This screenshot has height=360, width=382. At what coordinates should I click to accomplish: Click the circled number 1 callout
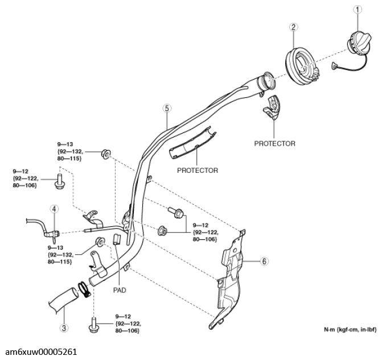pyautogui.click(x=358, y=10)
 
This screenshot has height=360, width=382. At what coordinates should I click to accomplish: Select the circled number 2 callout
pyautogui.click(x=294, y=27)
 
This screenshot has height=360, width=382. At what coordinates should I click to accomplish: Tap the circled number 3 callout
pyautogui.click(x=64, y=328)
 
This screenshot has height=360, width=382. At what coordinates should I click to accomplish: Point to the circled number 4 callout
pyautogui.click(x=54, y=209)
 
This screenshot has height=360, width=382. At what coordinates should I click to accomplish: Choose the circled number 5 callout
pyautogui.click(x=167, y=108)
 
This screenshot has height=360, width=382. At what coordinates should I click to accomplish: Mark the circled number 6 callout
pyautogui.click(x=264, y=262)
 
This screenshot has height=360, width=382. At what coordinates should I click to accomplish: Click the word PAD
pyautogui.click(x=120, y=290)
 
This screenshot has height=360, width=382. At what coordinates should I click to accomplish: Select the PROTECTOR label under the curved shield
pyautogui.click(x=198, y=171)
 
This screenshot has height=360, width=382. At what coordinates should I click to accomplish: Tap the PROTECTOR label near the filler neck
pyautogui.click(x=275, y=144)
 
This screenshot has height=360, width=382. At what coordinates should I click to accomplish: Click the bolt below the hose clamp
pyautogui.click(x=93, y=325)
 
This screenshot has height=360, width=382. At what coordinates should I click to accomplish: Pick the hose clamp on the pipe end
pyautogui.click(x=84, y=289)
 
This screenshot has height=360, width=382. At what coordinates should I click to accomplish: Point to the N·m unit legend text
pyautogui.click(x=350, y=330)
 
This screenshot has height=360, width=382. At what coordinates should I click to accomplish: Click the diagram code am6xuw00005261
pyautogui.click(x=41, y=352)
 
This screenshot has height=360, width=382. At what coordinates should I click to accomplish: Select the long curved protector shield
pyautogui.click(x=192, y=143)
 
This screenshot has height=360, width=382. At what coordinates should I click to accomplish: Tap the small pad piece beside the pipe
pyautogui.click(x=117, y=239)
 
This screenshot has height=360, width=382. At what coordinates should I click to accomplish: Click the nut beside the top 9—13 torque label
pyautogui.click(x=106, y=154)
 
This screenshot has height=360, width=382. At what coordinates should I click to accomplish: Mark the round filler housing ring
pyautogui.click(x=302, y=66)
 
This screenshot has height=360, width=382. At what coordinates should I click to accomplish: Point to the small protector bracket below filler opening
pyautogui.click(x=272, y=107)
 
